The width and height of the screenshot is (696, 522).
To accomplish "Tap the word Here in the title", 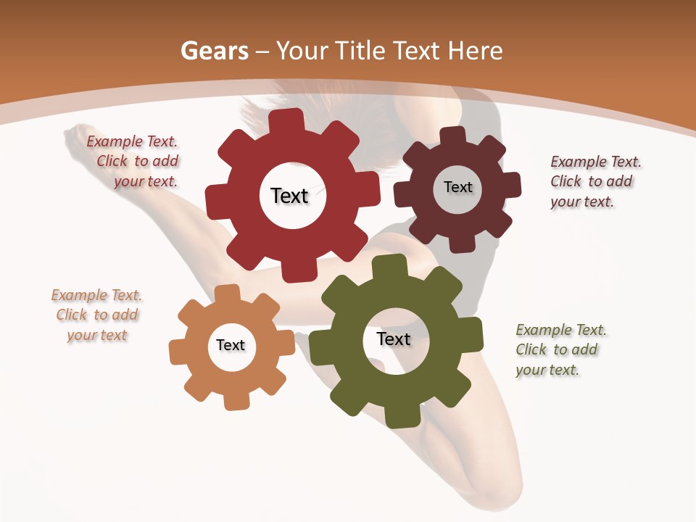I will pyautogui.click(x=476, y=51).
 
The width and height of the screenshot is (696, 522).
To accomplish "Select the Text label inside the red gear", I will pyautogui.click(x=289, y=196).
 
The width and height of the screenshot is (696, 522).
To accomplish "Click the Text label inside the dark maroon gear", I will pyautogui.click(x=457, y=187).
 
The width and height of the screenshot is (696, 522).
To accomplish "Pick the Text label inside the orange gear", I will pyautogui.click(x=230, y=345).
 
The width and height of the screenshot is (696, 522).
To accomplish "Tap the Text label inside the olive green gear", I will pyautogui.click(x=393, y=339).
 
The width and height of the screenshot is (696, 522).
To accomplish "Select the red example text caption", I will pyautogui.click(x=133, y=162).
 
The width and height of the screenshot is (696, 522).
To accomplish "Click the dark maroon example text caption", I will pyautogui.click(x=596, y=181).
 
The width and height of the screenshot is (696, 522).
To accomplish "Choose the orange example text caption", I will pyautogui.click(x=96, y=315).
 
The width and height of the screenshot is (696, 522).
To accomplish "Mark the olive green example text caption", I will pyautogui.click(x=560, y=349).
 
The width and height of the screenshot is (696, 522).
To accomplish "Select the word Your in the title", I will pyautogui.click(x=303, y=51).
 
